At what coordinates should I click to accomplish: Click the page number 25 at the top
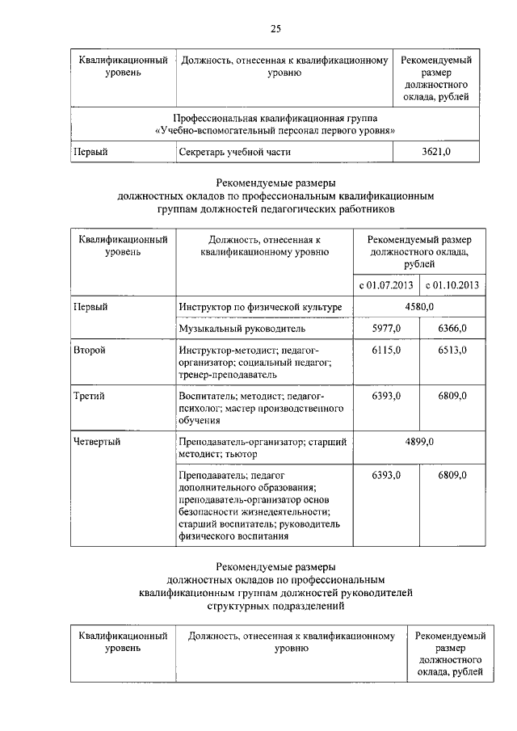click(x=275, y=29)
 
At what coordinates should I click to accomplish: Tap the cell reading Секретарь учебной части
click(x=234, y=150)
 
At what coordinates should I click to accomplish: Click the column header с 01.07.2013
click(x=386, y=284)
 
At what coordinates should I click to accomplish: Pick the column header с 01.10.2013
click(x=452, y=284)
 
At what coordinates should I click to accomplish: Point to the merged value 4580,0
click(x=419, y=307)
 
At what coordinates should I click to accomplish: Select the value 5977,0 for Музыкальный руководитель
click(x=387, y=329)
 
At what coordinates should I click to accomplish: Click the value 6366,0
click(x=452, y=329)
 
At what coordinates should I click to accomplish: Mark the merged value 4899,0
click(x=419, y=442)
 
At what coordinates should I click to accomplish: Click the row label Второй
click(x=90, y=351)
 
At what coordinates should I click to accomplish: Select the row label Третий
click(x=89, y=397)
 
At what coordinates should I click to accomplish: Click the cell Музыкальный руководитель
click(x=241, y=329)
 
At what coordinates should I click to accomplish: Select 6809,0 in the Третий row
click(x=452, y=397)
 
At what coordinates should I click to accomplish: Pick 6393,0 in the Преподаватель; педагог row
click(x=387, y=476)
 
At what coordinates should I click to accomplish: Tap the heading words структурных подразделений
click(x=275, y=604)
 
